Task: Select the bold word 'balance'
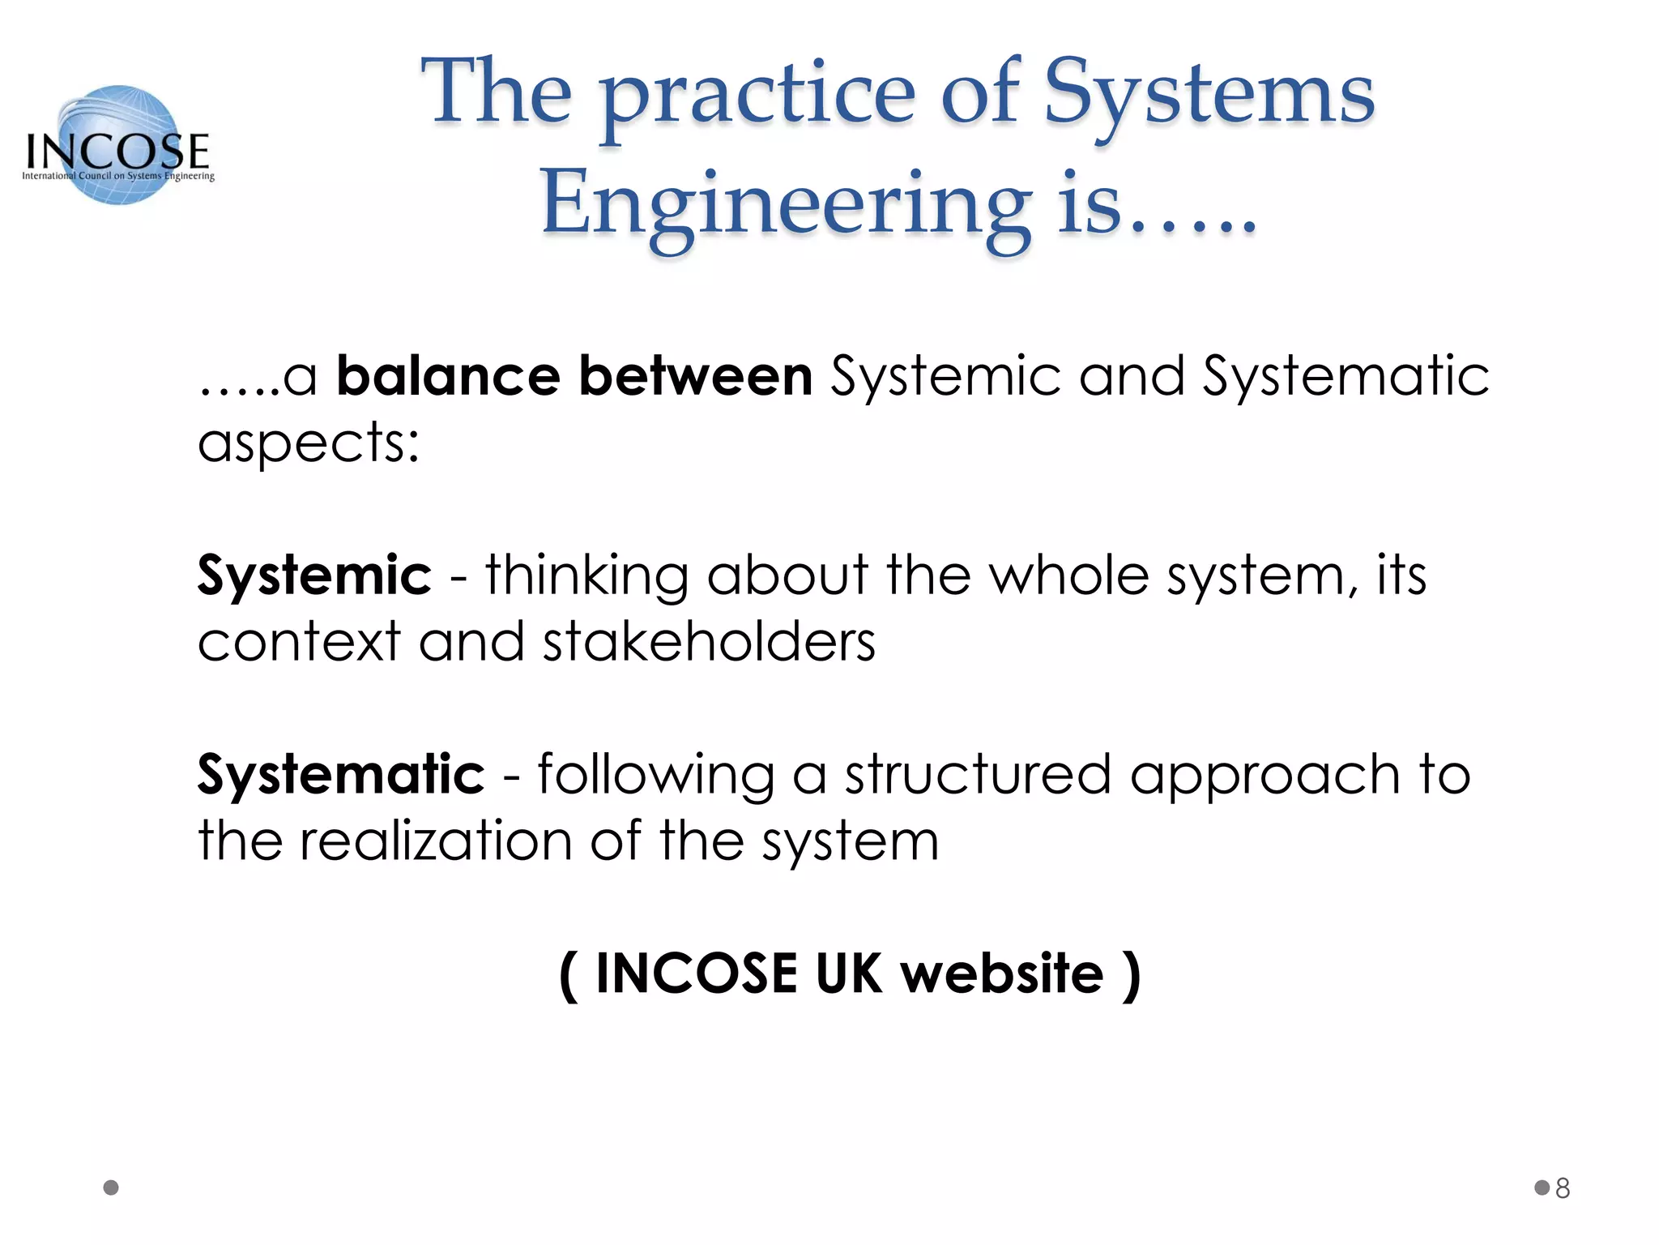pyautogui.click(x=448, y=376)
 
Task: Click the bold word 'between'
pyautogui.click(x=696, y=376)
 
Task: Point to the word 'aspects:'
pyautogui.click(x=309, y=444)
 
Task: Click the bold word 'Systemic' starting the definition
pyautogui.click(x=314, y=575)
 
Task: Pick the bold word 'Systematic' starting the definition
pyautogui.click(x=341, y=774)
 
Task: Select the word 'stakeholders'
pyautogui.click(x=709, y=642)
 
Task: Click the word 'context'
pyautogui.click(x=299, y=642)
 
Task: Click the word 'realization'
pyautogui.click(x=436, y=841)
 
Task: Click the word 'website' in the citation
pyautogui.click(x=1002, y=973)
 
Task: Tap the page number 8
pyautogui.click(x=1563, y=1188)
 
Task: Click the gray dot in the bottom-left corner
pyautogui.click(x=112, y=1187)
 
